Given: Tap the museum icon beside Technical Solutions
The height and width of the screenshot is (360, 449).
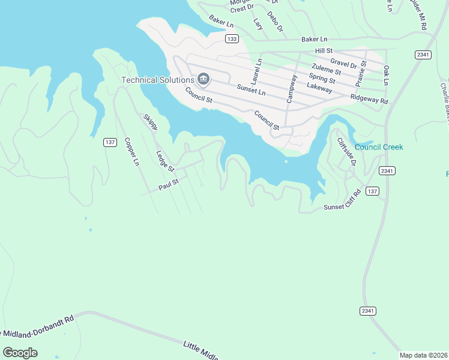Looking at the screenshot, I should pyautogui.click(x=203, y=79).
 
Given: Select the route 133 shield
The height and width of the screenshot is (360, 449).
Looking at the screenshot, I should pyautogui.click(x=232, y=39).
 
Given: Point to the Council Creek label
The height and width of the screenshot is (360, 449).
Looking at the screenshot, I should pyautogui.click(x=379, y=147).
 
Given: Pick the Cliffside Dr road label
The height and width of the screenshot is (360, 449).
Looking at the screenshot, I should pyautogui.click(x=346, y=152).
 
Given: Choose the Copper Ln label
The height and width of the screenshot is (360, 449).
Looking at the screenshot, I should pyautogui.click(x=131, y=152).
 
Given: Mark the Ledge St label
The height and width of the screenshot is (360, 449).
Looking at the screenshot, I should pyautogui.click(x=164, y=161).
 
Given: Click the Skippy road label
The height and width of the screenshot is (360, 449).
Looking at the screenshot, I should pyautogui.click(x=151, y=122).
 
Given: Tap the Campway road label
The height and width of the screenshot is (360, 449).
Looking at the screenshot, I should pyautogui.click(x=292, y=88).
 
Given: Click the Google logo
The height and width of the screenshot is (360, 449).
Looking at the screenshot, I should pyautogui.click(x=20, y=353).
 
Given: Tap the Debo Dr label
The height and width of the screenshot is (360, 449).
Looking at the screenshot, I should pyautogui.click(x=275, y=22).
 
